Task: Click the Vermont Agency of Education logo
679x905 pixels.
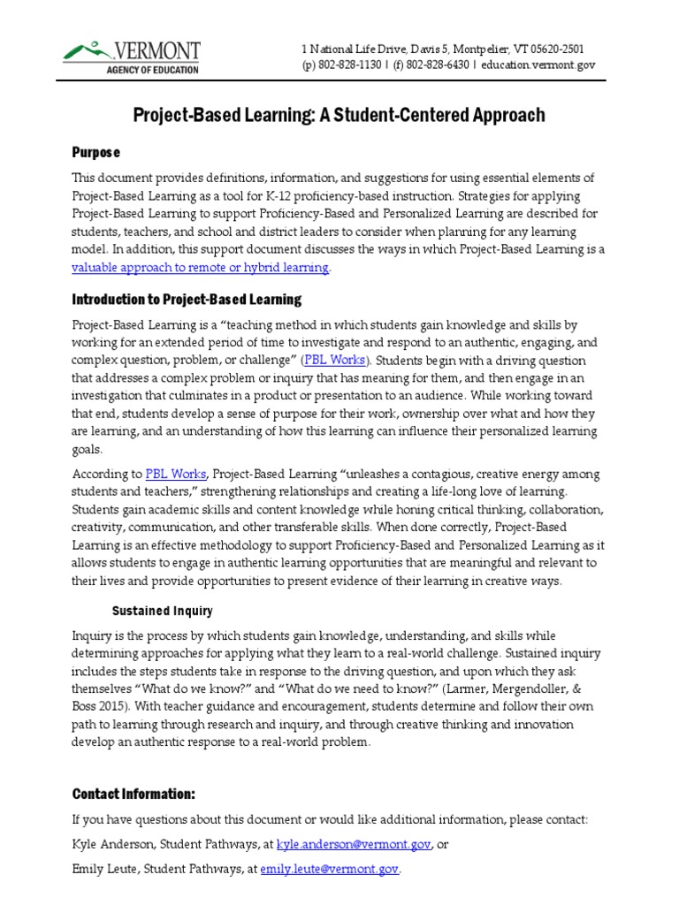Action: click(132, 57)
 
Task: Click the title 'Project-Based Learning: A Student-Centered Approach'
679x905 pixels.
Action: click(339, 116)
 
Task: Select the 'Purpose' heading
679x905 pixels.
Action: click(95, 153)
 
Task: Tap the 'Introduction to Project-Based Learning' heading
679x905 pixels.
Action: click(187, 300)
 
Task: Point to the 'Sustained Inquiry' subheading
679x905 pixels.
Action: click(162, 611)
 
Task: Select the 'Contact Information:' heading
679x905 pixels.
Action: click(134, 794)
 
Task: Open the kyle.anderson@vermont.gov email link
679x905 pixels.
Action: click(355, 845)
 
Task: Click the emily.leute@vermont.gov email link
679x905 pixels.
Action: click(330, 871)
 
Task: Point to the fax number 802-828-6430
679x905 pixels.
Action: click(433, 65)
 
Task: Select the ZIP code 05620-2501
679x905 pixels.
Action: click(554, 49)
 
